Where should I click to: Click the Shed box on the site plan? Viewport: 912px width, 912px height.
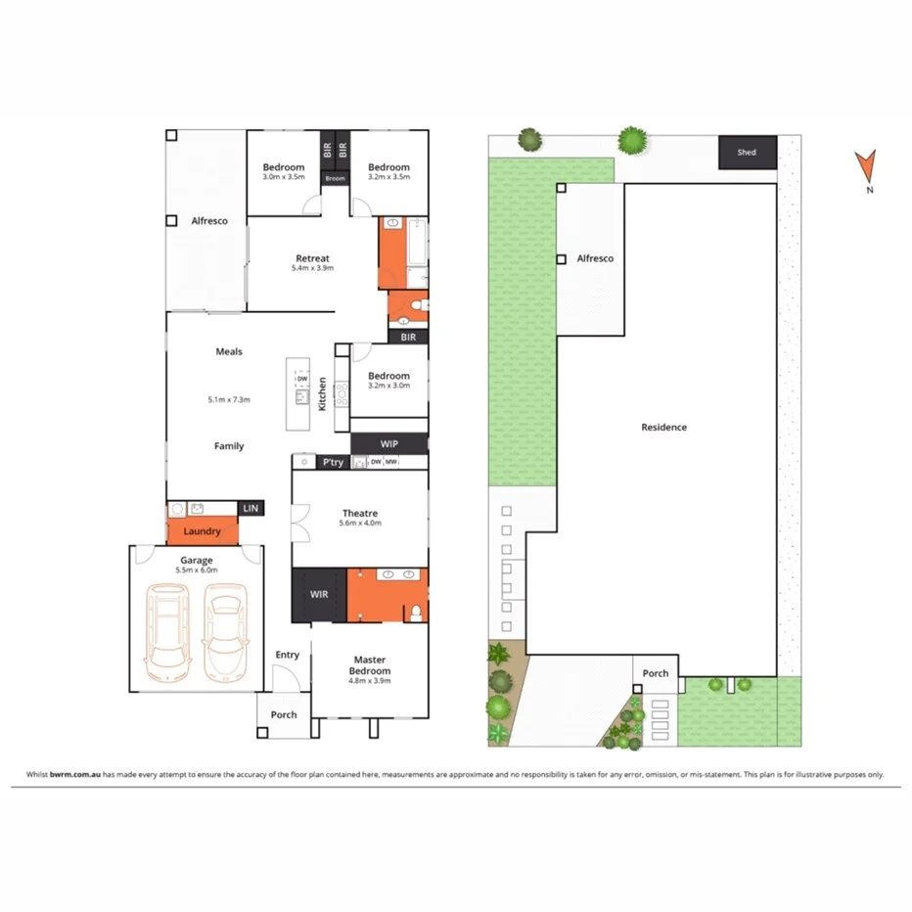[x=748, y=153]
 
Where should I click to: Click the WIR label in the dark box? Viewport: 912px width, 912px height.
[x=319, y=595]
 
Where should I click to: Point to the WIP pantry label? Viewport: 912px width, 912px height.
[x=376, y=444]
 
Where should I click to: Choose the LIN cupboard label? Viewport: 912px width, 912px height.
[x=251, y=508]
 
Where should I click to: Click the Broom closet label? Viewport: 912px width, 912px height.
[x=336, y=179]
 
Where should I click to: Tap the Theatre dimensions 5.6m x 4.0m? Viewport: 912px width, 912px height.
[x=359, y=524]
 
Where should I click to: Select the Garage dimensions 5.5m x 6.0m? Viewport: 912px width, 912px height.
[x=196, y=570]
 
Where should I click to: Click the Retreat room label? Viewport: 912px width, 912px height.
[x=312, y=258]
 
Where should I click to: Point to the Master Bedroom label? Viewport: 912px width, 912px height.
[x=370, y=665]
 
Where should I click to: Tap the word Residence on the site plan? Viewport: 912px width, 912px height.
[x=663, y=427]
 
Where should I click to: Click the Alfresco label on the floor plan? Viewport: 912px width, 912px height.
[x=208, y=221]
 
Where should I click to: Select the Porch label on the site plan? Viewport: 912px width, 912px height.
[x=655, y=673]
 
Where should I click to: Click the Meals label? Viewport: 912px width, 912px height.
[x=229, y=351]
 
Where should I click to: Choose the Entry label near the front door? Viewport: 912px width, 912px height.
[x=287, y=655]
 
